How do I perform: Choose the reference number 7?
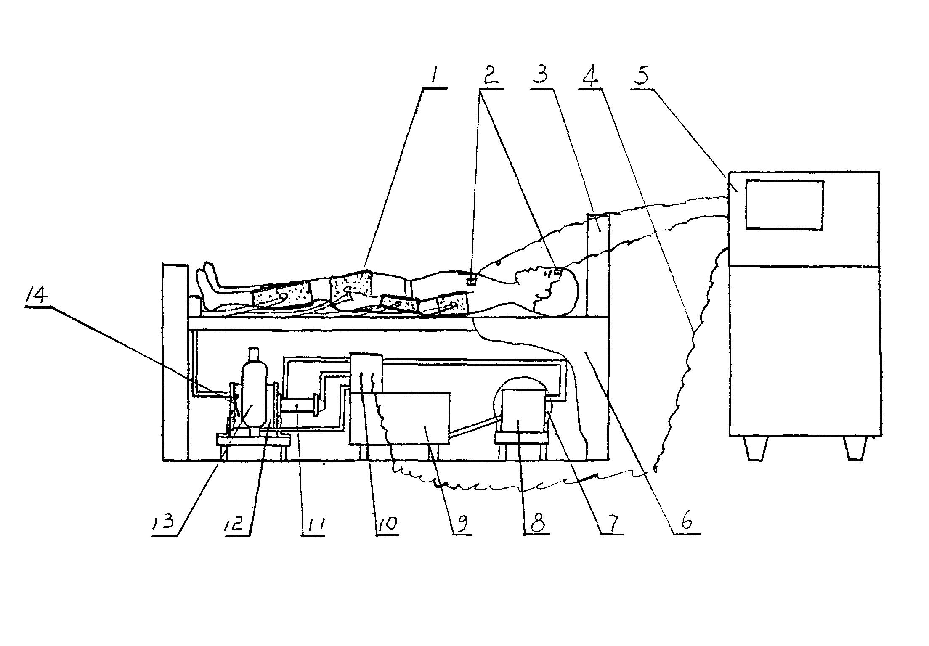pyautogui.click(x=612, y=524)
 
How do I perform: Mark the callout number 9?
pyautogui.click(x=462, y=524)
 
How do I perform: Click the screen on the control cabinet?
pyautogui.click(x=784, y=205)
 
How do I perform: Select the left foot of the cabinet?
pyautogui.click(x=756, y=448)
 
